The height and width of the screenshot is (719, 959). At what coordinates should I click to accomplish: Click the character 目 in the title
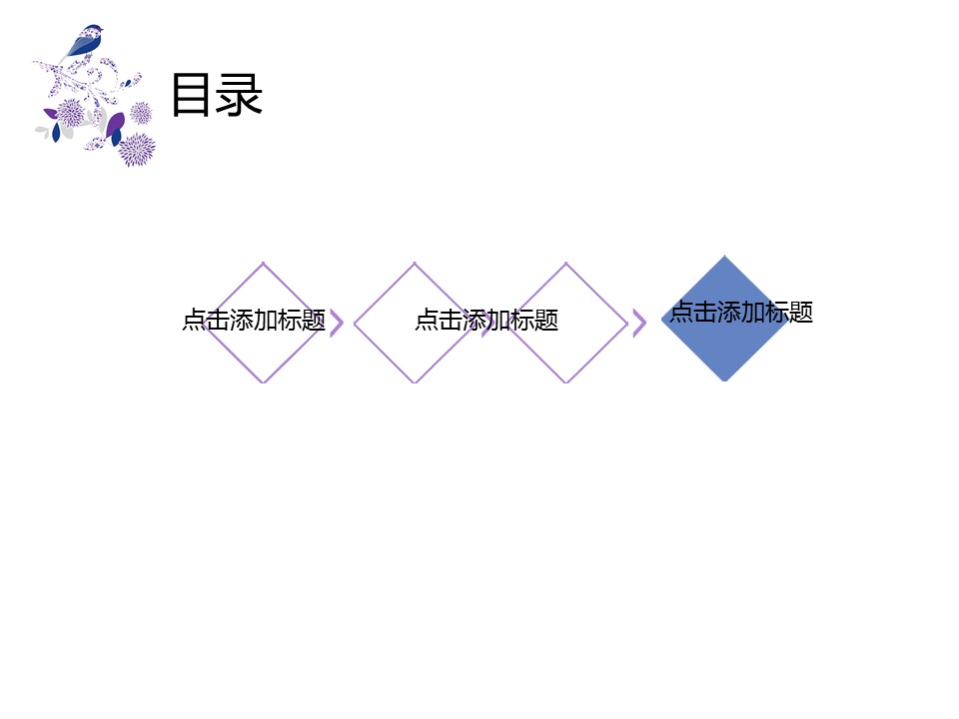tap(191, 94)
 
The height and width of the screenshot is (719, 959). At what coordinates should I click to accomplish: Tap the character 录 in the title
tap(239, 94)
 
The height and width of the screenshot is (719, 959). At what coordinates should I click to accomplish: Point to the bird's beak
tap(102, 29)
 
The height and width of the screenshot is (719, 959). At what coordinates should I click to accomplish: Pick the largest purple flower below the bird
tap(137, 150)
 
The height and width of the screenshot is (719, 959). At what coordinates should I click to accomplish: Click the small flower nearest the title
tap(141, 113)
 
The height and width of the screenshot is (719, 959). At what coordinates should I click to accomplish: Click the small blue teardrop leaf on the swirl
tap(129, 83)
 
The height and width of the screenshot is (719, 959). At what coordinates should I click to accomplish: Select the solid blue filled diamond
tap(725, 319)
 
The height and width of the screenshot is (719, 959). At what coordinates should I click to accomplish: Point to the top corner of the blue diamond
tap(725, 256)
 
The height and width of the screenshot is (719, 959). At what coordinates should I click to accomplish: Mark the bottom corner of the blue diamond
tap(725, 381)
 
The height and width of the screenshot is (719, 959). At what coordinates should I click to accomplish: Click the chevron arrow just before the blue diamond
tap(639, 324)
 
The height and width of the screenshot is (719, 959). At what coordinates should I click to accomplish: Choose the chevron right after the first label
tap(337, 324)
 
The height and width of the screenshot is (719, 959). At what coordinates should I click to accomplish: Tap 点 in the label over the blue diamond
tap(682, 312)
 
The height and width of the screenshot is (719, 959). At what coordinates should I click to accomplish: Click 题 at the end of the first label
tap(314, 320)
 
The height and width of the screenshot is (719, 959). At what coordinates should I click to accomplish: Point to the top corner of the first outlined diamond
tap(263, 263)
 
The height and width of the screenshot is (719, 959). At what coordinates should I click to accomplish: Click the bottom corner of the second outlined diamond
tap(415, 382)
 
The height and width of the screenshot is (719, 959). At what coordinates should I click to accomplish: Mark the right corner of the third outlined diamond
tap(627, 323)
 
